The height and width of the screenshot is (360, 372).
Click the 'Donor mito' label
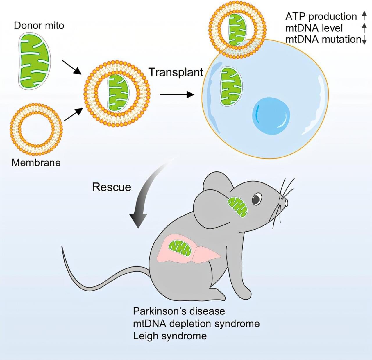tap(39, 26)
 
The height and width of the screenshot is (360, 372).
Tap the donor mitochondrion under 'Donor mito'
tap(34, 61)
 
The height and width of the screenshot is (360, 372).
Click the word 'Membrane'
tap(36, 162)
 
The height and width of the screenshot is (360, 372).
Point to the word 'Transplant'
tap(176, 72)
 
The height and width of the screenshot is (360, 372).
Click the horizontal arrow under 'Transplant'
tap(177, 94)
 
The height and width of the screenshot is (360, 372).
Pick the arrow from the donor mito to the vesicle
tap(71, 67)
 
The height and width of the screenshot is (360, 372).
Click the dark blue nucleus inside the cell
tap(271, 116)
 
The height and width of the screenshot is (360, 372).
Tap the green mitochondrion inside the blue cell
tap(231, 86)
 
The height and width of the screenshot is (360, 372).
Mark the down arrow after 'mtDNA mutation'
tap(364, 40)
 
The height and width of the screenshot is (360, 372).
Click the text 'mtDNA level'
tap(314, 28)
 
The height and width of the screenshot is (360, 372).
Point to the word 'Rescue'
tap(112, 187)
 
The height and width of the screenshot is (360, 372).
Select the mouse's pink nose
tap(286, 202)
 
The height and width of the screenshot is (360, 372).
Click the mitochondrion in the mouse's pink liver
tap(180, 248)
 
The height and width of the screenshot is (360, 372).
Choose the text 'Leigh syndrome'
tap(170, 336)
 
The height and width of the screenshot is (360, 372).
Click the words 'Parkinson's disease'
tap(179, 311)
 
